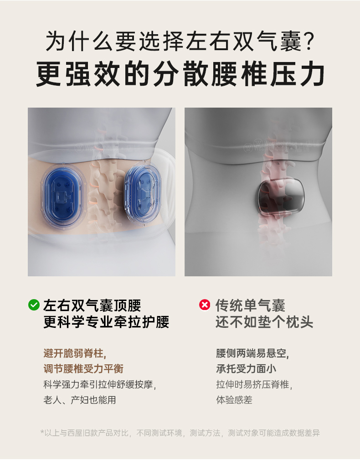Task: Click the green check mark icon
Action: coord(34,305)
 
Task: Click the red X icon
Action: coord(205,305)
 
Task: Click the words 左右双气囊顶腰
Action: coord(92,306)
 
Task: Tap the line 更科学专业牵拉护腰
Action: coord(106,321)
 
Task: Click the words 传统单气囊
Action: coord(250,306)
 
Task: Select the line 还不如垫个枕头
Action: coord(264,321)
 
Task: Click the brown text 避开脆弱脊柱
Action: coord(74,353)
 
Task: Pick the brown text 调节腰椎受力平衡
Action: coord(83,369)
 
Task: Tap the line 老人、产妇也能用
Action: coord(80,400)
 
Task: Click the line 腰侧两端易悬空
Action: coord(252,353)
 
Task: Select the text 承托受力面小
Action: coord(246,369)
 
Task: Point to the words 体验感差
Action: coord(234,400)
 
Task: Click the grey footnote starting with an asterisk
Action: coord(180,433)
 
